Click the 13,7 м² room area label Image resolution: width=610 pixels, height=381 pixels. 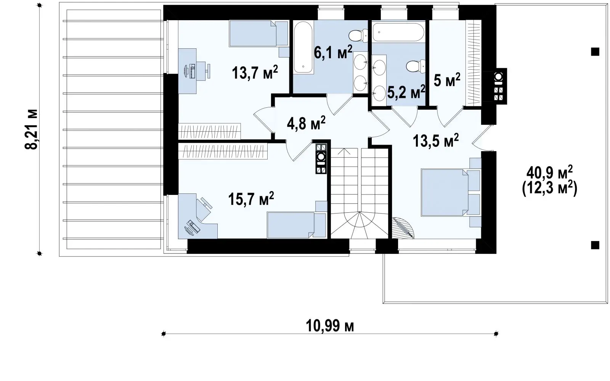pos(255,72)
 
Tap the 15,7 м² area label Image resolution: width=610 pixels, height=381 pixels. pos(251,199)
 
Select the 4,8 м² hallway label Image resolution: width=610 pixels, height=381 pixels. pos(306,123)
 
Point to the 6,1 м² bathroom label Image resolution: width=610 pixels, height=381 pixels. pos(333,52)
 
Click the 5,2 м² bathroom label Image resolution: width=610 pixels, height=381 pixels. pos(406,92)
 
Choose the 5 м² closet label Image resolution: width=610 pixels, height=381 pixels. pos(447,80)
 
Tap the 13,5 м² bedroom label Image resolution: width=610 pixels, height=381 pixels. pos(436,140)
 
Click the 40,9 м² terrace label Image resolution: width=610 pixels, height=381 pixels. pos(549,172)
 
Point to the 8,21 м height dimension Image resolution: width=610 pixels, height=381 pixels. pos(31,129)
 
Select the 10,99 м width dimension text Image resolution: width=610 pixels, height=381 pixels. pos(330,326)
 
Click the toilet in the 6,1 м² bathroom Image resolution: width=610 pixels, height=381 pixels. pos(358,36)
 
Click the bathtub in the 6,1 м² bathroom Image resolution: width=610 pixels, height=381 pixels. pos(303,47)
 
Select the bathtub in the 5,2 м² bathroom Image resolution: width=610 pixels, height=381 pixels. pos(398,32)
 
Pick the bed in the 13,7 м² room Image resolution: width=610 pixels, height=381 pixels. pos(259,33)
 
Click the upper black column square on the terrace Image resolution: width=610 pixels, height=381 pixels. pos(595,52)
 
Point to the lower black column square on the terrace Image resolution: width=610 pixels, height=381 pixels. pos(595,245)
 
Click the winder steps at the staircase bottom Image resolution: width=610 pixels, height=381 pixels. pos(360,225)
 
